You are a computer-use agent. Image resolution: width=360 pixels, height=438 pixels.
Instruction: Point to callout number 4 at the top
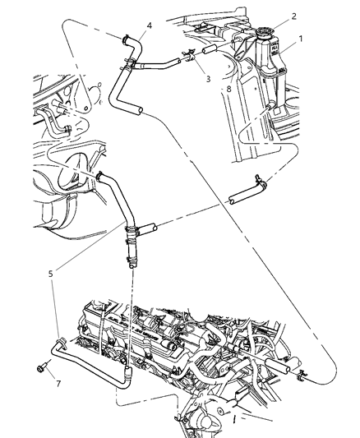pos(150,25)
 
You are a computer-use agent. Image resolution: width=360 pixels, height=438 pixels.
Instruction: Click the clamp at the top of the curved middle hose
pos(100,175)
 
